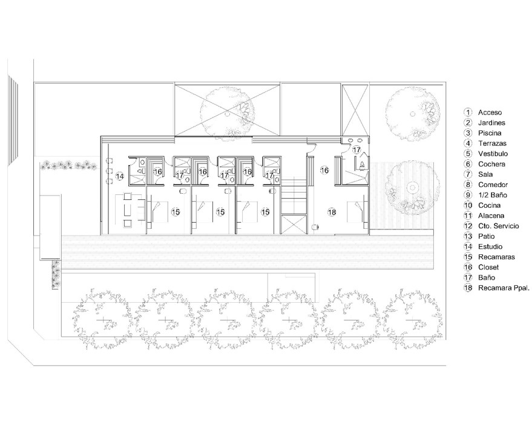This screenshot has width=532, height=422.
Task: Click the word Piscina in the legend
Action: [x=490, y=133]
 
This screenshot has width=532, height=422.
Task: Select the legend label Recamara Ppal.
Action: [x=504, y=288]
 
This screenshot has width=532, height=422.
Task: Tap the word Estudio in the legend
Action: [x=490, y=247]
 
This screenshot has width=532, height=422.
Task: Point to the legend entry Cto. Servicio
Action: [x=499, y=226]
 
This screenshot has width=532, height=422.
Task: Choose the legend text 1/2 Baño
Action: [x=493, y=195]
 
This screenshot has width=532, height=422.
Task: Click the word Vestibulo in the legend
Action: [x=493, y=154]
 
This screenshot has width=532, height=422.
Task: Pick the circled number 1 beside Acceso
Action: [x=468, y=113]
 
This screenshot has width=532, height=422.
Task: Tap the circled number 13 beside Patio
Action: [x=468, y=236]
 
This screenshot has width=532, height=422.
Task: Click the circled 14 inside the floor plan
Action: [x=120, y=176]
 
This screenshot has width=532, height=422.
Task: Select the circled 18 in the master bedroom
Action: [x=332, y=212]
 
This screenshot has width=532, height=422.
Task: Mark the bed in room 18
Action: [x=357, y=212]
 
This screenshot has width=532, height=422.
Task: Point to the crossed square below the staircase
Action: [x=295, y=224]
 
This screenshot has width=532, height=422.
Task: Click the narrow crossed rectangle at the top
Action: [x=355, y=110]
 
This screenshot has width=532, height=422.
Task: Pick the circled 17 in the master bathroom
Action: [x=356, y=150]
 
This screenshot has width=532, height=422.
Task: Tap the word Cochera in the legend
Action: [x=491, y=164]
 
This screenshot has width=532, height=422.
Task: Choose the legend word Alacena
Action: [x=491, y=216]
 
